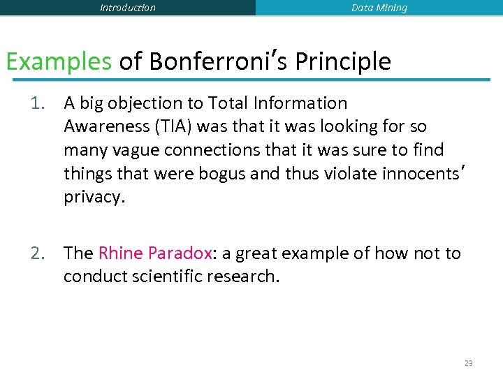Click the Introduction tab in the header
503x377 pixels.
coord(128,8)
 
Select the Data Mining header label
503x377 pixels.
coord(379,8)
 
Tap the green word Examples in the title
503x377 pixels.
coord(59,61)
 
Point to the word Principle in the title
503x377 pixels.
coord(343,61)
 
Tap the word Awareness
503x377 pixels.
coord(104,126)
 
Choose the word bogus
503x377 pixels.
coord(219,173)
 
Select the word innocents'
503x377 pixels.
coord(423,173)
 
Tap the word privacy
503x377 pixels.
coord(94,197)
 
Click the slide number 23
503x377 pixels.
coord(468,362)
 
